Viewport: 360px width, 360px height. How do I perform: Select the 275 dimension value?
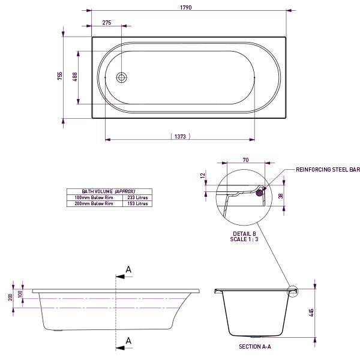(107, 22)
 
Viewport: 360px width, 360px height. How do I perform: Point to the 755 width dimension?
(60, 76)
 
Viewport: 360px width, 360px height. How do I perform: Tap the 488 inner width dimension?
(75, 77)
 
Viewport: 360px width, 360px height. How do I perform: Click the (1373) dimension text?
(180, 137)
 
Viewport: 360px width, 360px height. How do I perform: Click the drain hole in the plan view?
(122, 77)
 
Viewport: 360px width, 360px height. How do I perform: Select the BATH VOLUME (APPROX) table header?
(109, 190)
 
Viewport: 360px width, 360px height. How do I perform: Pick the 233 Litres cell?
(138, 197)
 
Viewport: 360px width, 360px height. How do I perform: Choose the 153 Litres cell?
(138, 203)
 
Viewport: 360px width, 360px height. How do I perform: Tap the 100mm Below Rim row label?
(94, 197)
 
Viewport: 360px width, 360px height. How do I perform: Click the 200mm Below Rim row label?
(94, 203)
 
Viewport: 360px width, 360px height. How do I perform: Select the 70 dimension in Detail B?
(245, 160)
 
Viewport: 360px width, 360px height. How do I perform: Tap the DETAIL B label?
(244, 233)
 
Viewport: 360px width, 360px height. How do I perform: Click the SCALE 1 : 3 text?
(244, 239)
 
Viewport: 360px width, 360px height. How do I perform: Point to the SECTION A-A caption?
(255, 346)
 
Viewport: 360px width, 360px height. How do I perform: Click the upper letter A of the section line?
(128, 270)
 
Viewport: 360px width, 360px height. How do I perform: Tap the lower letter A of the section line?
(128, 340)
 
